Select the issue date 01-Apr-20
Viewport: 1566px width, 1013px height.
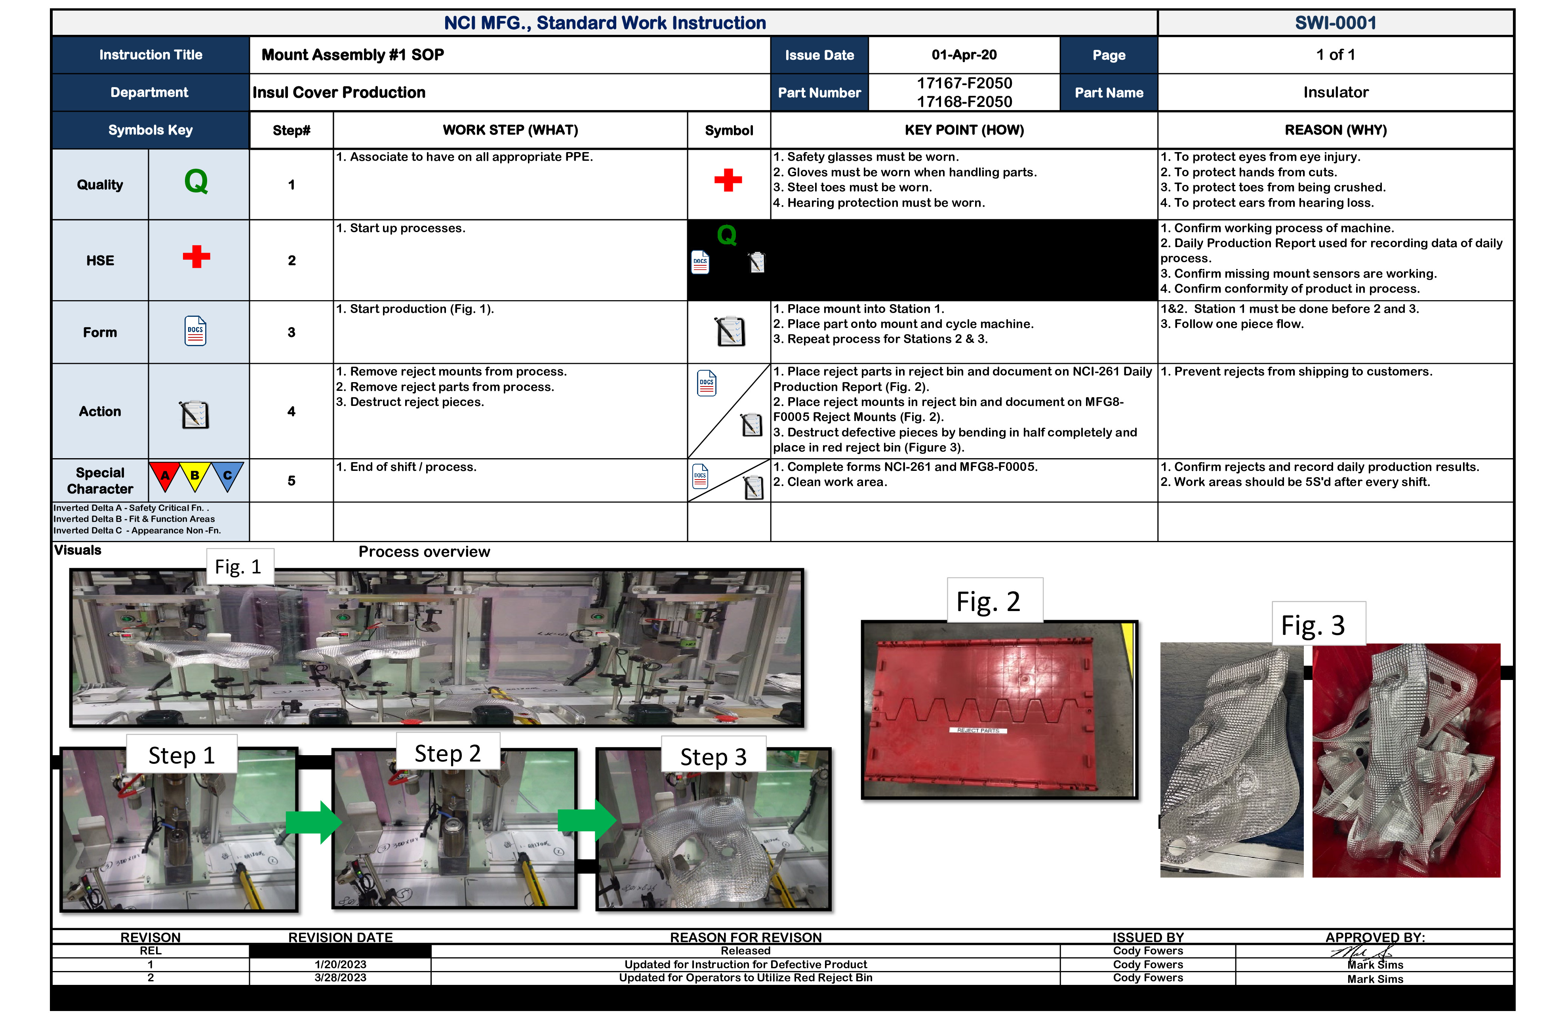coord(964,55)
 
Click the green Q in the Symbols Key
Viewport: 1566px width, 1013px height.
coord(196,181)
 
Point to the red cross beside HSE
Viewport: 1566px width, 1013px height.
coord(196,257)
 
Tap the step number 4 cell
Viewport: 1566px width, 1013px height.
coord(291,411)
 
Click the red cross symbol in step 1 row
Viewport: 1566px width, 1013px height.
coord(728,179)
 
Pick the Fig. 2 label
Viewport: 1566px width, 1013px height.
coord(988,601)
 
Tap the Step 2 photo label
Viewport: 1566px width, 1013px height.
coord(447,753)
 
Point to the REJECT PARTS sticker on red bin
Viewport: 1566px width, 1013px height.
coord(977,731)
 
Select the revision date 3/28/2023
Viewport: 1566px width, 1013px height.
coord(340,977)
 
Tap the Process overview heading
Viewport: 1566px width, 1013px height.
coord(424,552)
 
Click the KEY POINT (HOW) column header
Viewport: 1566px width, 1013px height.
coord(964,130)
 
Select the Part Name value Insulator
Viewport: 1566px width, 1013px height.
coord(1335,92)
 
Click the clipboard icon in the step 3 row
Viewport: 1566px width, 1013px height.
coord(730,331)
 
